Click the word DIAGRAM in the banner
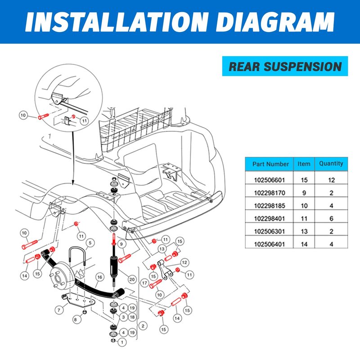[275, 22]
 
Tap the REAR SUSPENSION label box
[285, 66]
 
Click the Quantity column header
[331, 163]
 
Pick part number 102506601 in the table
[269, 180]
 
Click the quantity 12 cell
[331, 180]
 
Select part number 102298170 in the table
[269, 193]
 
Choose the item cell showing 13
[304, 231]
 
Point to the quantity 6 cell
[331, 218]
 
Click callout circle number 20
[132, 279]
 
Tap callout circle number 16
[99, 277]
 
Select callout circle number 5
[90, 243]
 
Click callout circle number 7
[59, 310]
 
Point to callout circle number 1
[122, 342]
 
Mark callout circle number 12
[184, 262]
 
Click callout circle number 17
[144, 283]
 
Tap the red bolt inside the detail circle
[43, 116]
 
